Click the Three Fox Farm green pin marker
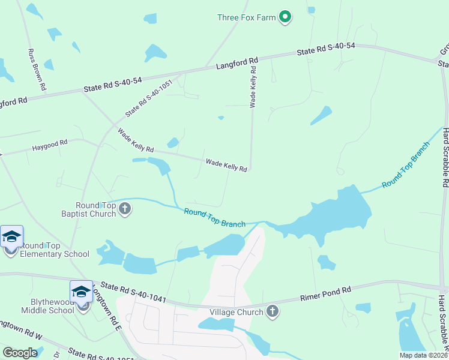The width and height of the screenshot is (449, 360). [x=286, y=17]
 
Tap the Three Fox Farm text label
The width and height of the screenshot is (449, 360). [x=247, y=17]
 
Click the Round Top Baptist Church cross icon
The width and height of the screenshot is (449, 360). [x=125, y=209]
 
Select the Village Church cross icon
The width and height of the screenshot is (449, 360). [x=273, y=311]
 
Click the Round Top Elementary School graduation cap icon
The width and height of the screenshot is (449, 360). [x=12, y=236]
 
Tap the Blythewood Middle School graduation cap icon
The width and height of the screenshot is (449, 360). [x=82, y=292]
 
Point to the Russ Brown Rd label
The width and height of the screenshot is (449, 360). [x=37, y=70]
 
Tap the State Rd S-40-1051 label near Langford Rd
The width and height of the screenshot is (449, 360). [x=149, y=98]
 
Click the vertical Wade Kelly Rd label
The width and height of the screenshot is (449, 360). [x=253, y=86]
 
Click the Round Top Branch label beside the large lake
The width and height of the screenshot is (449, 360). [x=215, y=217]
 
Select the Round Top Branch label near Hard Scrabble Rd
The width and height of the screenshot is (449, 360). [x=406, y=166]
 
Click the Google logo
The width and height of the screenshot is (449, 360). [x=20, y=353]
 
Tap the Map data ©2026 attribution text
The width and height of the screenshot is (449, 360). [x=423, y=355]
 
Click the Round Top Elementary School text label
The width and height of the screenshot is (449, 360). [x=55, y=250]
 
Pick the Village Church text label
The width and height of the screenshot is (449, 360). [x=236, y=312]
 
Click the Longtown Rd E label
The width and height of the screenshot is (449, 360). [x=116, y=314]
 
